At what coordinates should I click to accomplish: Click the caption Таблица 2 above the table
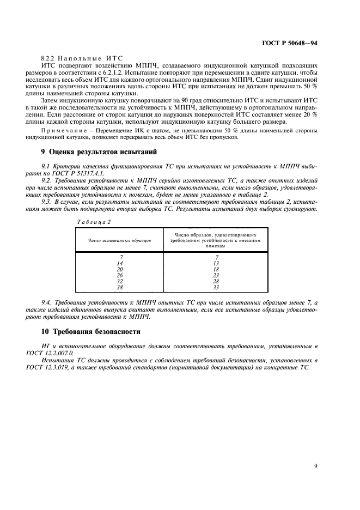80,222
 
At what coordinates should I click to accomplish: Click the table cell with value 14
120,263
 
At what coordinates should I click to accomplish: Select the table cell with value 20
120,269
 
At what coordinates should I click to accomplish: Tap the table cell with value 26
120,275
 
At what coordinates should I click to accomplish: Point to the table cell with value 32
120,281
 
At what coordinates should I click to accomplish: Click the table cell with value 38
120,287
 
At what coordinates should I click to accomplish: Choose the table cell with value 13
216,263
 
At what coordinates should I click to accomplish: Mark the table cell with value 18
216,269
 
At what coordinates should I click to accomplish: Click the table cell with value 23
216,275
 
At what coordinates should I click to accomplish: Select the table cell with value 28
216,281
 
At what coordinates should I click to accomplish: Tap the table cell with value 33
216,287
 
